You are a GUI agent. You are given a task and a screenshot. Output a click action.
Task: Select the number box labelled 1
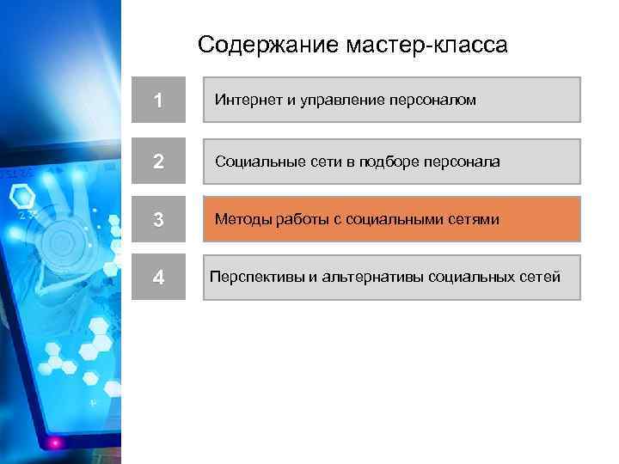pos(158,101)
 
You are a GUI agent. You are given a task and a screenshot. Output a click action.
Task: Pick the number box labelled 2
pos(158,162)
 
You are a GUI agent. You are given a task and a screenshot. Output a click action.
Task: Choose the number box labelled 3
pos(158,219)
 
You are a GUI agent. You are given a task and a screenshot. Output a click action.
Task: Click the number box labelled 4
pos(158,278)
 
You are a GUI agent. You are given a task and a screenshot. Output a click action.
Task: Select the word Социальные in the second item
pos(255,162)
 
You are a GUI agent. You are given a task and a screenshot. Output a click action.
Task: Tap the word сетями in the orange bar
pos(474,219)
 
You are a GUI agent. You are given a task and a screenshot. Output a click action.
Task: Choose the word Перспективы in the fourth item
pos(252,277)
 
